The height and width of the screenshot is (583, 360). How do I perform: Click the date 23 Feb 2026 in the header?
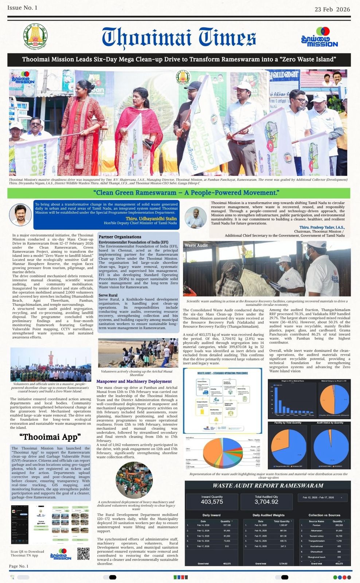pos(332,9)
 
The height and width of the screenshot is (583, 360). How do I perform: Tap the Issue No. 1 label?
pos(22,8)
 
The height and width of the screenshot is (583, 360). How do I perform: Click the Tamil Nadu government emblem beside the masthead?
pos(35,36)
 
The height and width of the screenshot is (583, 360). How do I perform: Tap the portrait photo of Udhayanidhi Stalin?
pos(20,215)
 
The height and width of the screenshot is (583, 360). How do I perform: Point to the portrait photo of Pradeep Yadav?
pos(196,217)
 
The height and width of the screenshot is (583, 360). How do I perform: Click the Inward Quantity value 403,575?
pos(212,502)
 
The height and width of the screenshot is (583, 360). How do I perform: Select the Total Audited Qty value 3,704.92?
pos(266,502)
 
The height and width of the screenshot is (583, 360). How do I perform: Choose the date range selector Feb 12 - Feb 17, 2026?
pos(322,497)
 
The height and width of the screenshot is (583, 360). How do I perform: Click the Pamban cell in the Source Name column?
pos(317,525)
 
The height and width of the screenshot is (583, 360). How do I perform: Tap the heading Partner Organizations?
pos(120,237)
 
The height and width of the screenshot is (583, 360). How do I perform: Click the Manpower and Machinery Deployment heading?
pos(134,382)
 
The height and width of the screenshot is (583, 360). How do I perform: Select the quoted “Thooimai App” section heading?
pos(50,437)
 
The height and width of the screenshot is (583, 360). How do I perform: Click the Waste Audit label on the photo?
pos(196,245)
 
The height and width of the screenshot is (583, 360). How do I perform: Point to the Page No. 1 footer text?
pos(19,566)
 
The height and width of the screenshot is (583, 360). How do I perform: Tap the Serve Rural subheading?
pos(108,295)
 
